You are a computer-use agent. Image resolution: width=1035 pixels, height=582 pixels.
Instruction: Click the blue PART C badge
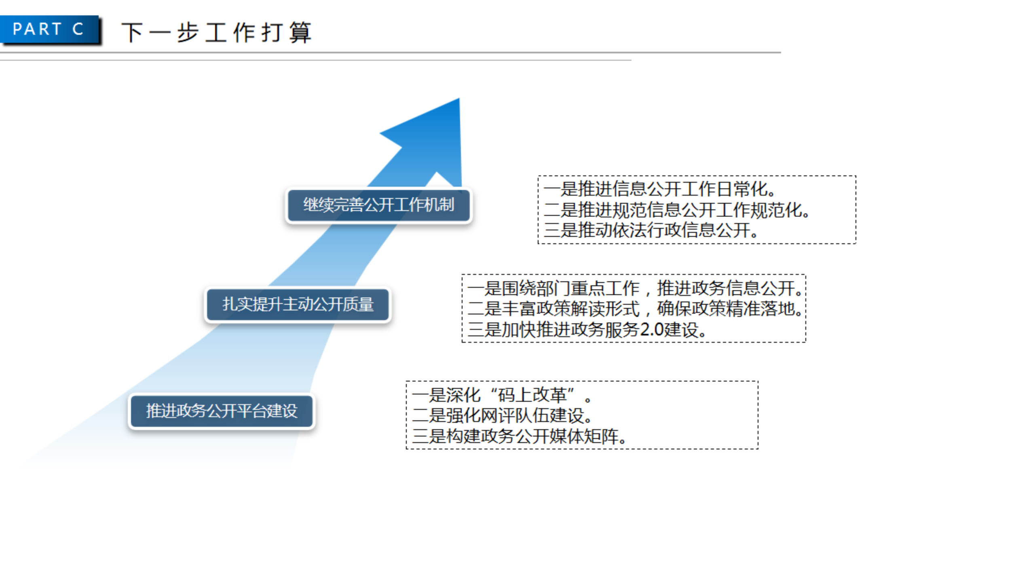[49, 29]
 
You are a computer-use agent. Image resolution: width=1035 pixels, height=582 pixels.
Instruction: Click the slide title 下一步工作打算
[217, 32]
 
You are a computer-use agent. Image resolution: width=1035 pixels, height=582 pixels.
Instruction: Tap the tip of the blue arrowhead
[459, 99]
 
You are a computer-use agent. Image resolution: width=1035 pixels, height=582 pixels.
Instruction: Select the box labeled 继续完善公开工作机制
[379, 205]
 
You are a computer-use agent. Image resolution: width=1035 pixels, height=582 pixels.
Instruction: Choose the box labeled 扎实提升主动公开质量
[298, 304]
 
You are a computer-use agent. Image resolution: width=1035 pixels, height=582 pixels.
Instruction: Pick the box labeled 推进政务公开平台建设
[222, 411]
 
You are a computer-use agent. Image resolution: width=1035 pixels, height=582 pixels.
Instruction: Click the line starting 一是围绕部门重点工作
[635, 288]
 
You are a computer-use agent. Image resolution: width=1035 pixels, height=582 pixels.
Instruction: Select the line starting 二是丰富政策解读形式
[635, 309]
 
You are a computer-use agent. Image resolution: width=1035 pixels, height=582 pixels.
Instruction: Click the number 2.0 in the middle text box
[652, 329]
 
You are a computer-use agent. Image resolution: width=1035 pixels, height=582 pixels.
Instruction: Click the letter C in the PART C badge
[78, 29]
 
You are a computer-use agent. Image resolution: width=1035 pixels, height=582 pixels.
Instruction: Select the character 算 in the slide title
[301, 32]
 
